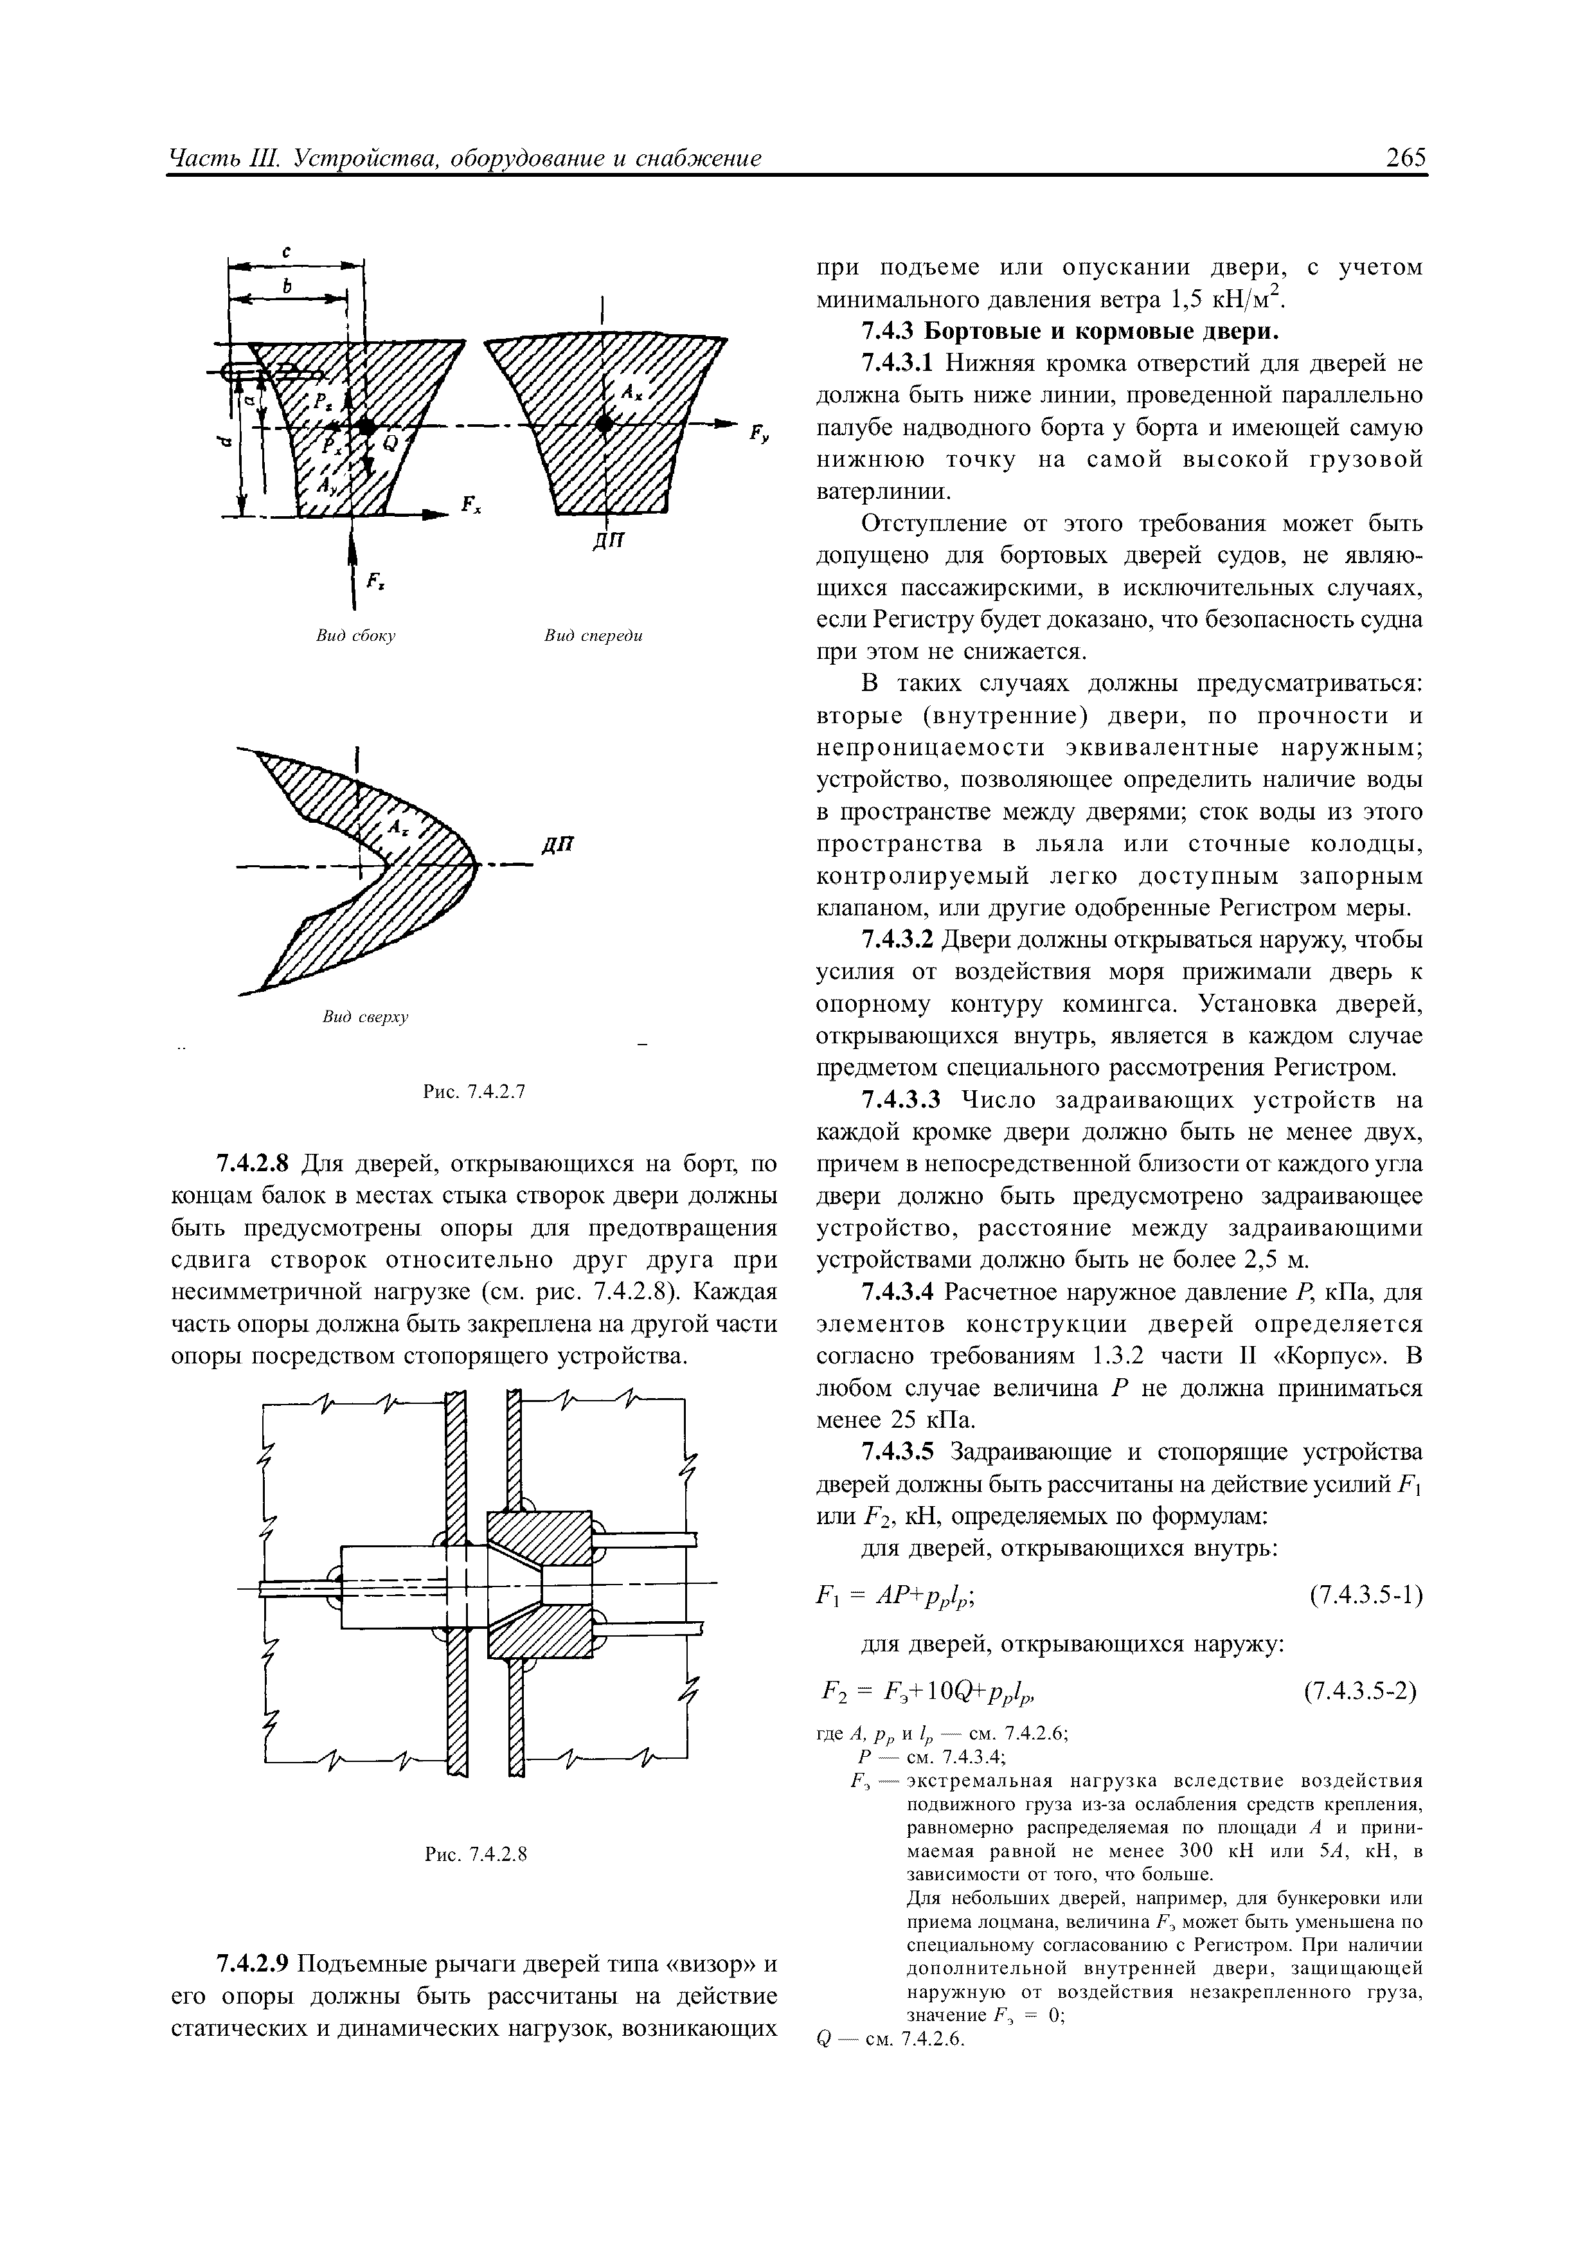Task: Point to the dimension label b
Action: (286, 286)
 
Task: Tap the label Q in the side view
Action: (390, 443)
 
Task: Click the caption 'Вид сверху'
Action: (365, 1018)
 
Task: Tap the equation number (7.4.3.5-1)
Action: (1366, 1595)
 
